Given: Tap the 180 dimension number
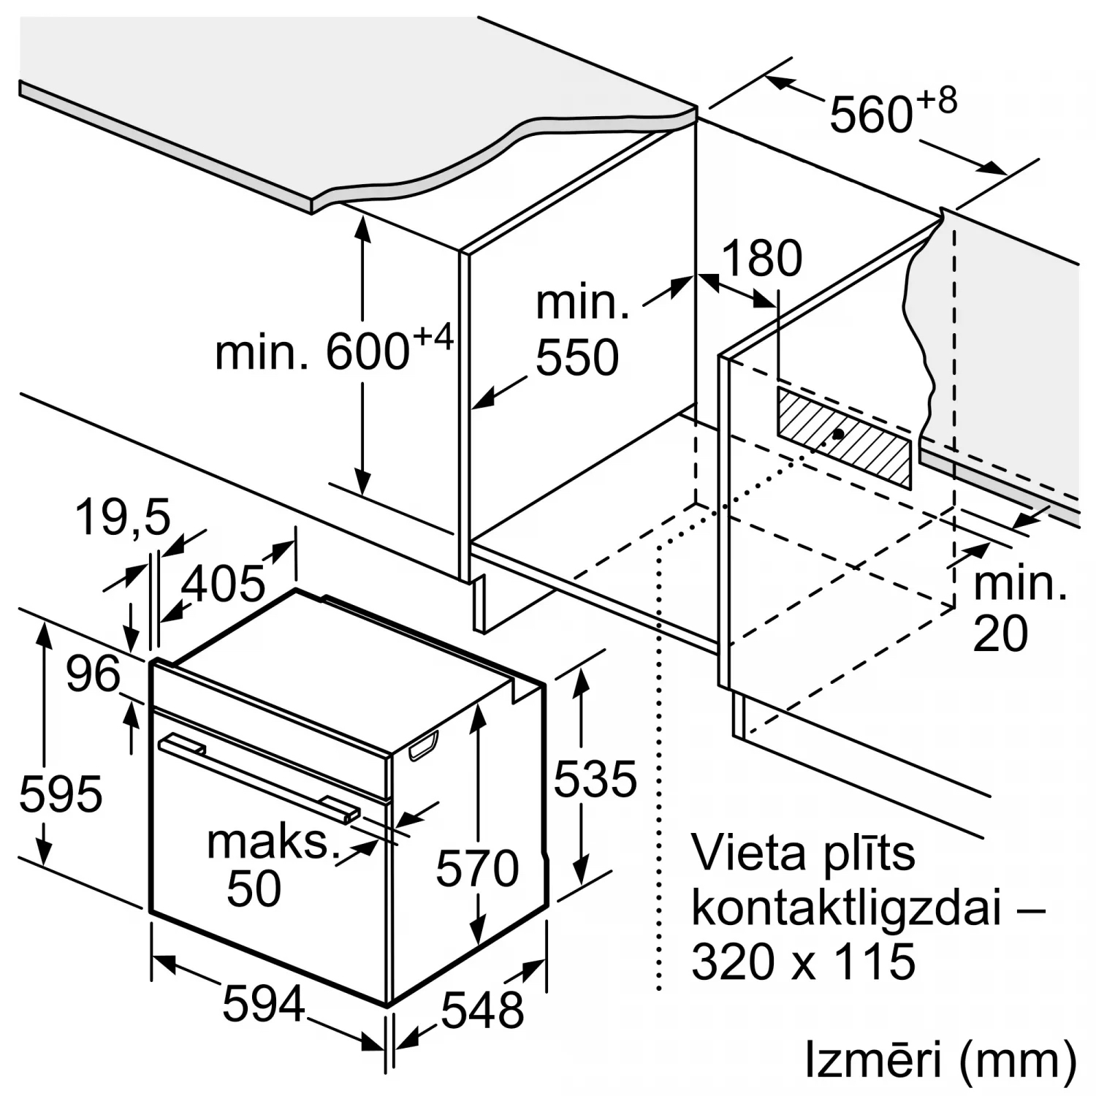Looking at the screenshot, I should coord(762,258).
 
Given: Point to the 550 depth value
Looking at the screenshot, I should coord(576,357).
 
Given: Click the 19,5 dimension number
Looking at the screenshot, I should coord(123,517).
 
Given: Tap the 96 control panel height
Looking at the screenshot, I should coord(93,674).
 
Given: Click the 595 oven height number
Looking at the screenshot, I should coord(61,794).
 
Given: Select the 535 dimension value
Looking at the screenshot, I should coord(595,778).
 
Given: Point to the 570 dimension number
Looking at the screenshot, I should coord(477,868).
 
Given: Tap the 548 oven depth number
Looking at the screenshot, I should coord(482,1010).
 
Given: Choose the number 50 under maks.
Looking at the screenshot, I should coord(254,888).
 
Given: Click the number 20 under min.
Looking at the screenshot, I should coord(1000,633).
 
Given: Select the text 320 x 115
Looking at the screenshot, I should coord(802,961).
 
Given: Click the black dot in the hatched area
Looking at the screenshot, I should coord(839,434).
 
